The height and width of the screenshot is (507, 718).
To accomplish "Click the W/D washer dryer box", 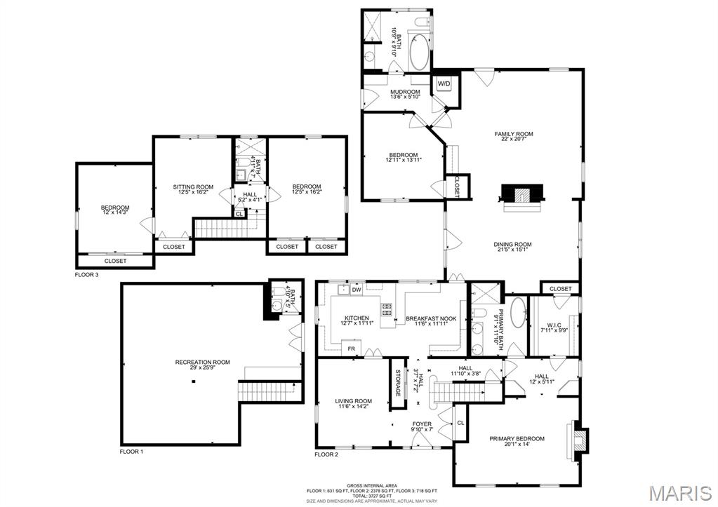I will (x=444, y=84).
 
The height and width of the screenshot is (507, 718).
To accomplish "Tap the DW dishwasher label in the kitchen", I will (x=357, y=289).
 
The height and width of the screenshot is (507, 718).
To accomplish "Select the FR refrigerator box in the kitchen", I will (x=351, y=348).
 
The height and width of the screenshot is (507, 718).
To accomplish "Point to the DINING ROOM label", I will (x=513, y=248).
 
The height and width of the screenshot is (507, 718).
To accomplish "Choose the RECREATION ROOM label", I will (x=202, y=365).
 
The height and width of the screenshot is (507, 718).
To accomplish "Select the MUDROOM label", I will (x=405, y=95).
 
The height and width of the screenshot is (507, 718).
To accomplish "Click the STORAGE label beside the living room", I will (x=397, y=383).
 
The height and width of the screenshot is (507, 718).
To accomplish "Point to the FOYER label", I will (x=422, y=426).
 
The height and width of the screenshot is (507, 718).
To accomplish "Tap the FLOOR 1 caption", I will (x=131, y=452).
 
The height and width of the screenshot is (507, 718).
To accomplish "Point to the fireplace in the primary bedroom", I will (x=580, y=439).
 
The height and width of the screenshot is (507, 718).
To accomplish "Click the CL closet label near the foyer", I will (x=460, y=423).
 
